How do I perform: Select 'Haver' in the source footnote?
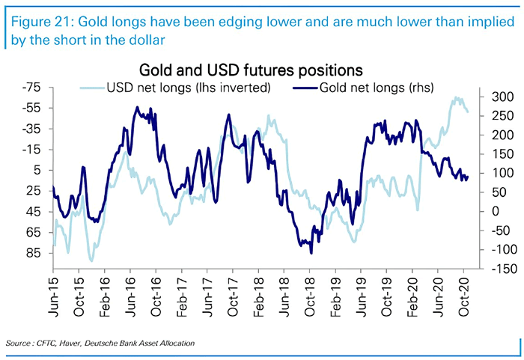[73, 343]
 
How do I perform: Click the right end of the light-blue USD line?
[469, 112]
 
